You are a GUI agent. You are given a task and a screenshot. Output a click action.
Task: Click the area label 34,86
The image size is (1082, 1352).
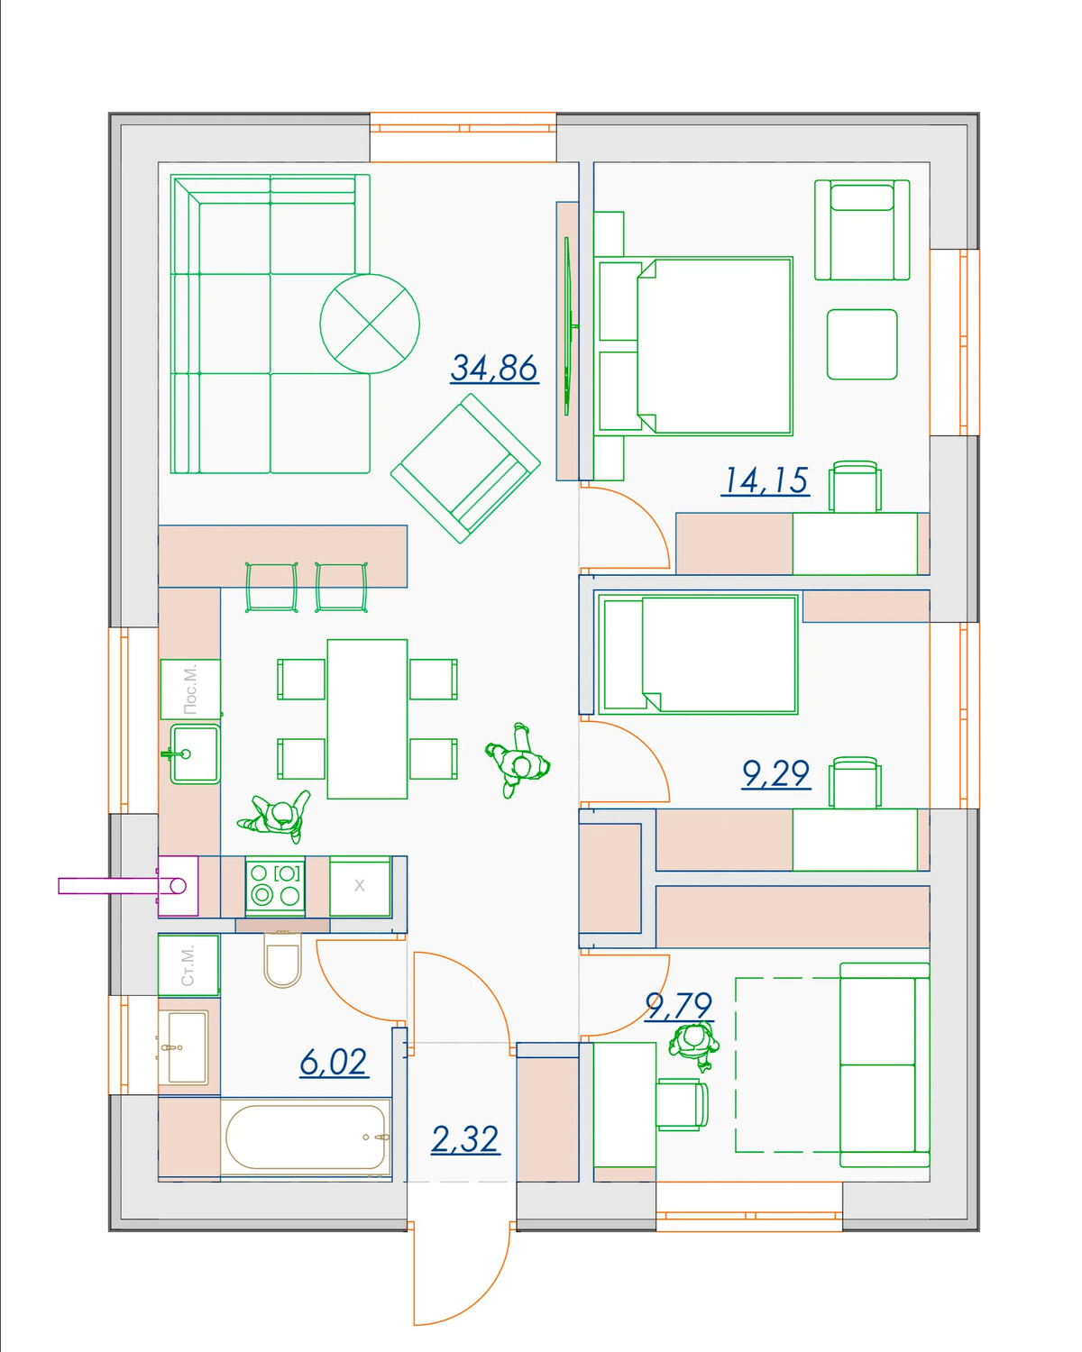click(494, 369)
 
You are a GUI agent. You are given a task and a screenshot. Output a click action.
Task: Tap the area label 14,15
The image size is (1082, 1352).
click(766, 481)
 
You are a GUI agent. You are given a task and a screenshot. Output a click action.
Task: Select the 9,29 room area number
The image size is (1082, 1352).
click(775, 774)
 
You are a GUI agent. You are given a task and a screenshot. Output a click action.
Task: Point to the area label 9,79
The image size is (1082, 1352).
click(679, 1006)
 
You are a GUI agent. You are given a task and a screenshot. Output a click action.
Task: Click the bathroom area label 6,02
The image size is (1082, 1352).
click(334, 1063)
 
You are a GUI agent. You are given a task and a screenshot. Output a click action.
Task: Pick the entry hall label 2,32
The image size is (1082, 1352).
click(465, 1139)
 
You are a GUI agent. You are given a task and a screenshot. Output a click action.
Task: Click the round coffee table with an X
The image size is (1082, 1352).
click(370, 324)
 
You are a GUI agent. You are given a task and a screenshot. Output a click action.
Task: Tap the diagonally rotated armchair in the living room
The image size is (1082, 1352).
click(465, 469)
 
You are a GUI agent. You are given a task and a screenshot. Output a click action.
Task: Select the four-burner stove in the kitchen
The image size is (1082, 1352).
click(275, 885)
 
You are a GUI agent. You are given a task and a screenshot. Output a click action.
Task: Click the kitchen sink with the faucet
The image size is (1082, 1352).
click(195, 754)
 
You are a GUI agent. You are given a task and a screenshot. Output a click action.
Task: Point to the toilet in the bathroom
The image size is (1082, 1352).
click(283, 959)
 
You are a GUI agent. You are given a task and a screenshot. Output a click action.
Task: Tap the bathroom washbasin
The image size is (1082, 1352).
click(183, 1047)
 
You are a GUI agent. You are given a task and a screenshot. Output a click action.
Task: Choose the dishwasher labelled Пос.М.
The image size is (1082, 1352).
click(190, 690)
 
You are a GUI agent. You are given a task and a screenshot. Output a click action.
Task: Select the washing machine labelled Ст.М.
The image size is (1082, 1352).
click(188, 965)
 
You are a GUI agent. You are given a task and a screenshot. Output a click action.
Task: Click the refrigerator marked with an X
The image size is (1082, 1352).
click(360, 886)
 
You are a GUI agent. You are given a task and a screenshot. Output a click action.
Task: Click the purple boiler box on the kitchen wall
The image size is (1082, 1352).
click(178, 886)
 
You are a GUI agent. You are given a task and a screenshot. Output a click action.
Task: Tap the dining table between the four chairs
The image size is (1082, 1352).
click(367, 719)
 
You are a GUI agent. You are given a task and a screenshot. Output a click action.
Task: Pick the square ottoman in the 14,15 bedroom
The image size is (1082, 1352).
click(862, 344)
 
